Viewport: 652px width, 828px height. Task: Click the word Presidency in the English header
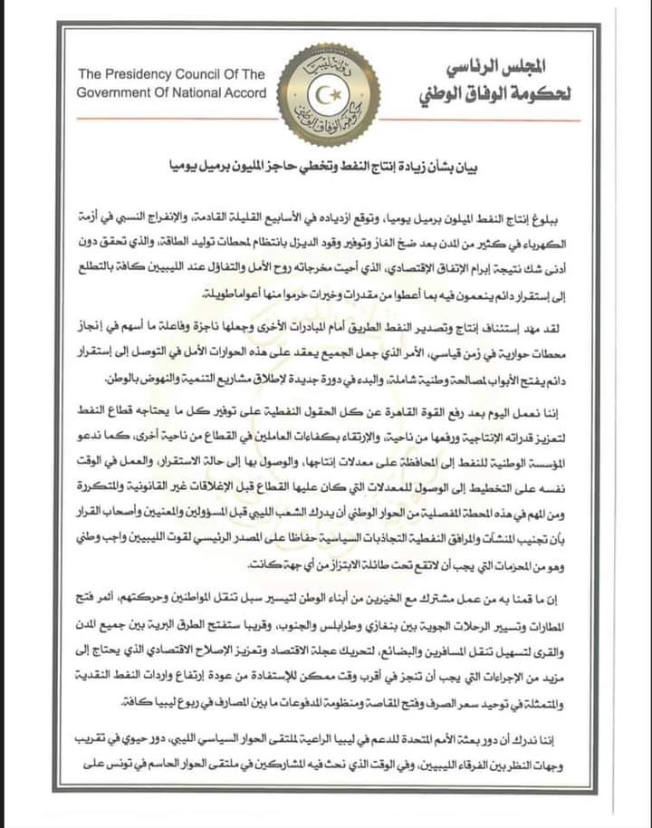pyautogui.click(x=158, y=74)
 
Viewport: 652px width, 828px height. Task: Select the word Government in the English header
pyautogui.click(x=115, y=93)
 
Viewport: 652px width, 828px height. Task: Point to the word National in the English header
pyautogui.click(x=191, y=93)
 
